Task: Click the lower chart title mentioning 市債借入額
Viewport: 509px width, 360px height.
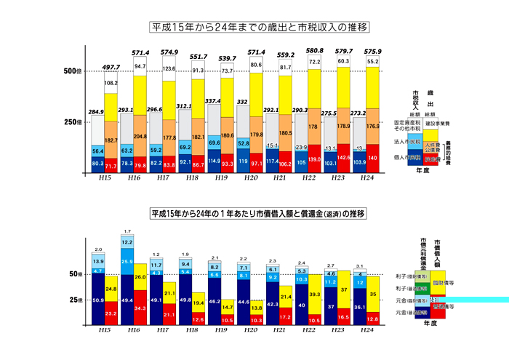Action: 259,215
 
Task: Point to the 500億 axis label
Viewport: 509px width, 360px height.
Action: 74,71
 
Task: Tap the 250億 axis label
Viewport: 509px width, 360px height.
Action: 74,121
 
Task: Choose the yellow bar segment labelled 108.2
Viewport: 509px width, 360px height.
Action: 111,83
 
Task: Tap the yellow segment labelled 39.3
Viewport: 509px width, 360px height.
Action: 314,294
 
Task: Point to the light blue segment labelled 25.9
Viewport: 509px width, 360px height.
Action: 127,261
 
